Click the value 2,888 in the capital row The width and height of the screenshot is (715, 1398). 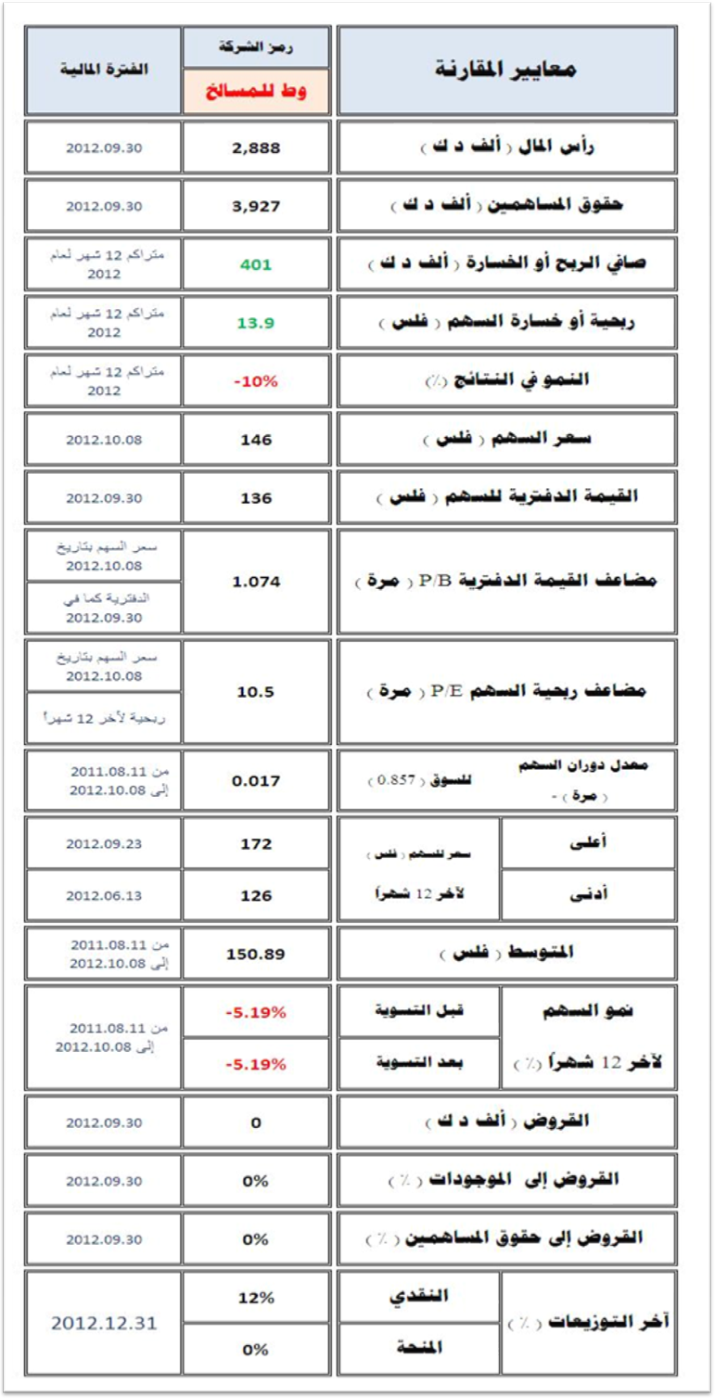pos(256,147)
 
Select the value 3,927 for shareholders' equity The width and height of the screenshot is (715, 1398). pos(256,206)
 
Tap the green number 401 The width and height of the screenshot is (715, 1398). pos(256,264)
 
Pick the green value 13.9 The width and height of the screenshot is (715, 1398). pos(256,322)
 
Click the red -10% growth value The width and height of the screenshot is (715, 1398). pos(256,380)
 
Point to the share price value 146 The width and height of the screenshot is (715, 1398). pos(256,440)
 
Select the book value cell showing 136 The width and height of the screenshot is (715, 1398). pos(256,498)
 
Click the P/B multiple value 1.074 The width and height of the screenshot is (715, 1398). pos(256,582)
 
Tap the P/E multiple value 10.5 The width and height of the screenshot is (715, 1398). pos(256,692)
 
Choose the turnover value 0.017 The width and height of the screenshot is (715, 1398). pos(256,781)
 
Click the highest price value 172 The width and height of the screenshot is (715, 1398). pos(256,844)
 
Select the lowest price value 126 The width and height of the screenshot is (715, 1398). pos(256,896)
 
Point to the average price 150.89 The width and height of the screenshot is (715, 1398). pos(256,954)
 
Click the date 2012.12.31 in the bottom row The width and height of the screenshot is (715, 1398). pos(104,1323)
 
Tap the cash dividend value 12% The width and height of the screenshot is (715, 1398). pos(256,1298)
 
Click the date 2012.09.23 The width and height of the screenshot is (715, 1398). pos(104,844)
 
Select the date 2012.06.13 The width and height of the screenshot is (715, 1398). pos(104,896)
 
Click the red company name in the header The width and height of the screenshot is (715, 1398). pos(256,92)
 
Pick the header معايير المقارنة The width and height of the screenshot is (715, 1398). pos(506,71)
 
